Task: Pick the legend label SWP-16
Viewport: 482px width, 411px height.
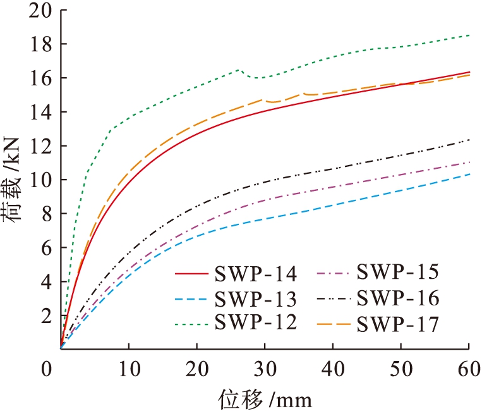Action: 398,297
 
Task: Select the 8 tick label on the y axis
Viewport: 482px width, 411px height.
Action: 44,214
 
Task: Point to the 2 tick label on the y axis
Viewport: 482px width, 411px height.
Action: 44,316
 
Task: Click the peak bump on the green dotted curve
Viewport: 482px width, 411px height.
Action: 238,70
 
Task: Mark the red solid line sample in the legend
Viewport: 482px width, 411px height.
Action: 192,276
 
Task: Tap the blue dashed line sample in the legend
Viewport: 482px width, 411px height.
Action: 192,299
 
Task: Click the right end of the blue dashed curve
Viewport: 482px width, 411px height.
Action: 468,174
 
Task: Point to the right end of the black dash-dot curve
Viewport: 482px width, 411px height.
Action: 468,140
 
